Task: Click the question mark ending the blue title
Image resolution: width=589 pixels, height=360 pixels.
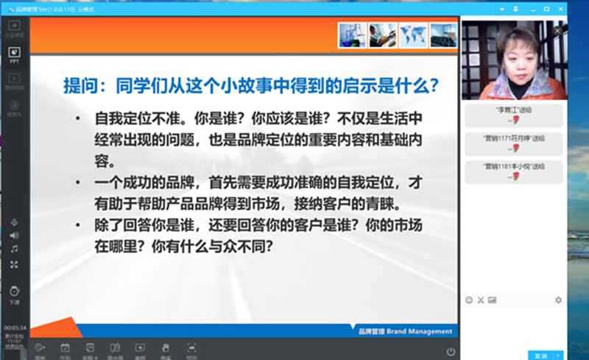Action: coord(434,87)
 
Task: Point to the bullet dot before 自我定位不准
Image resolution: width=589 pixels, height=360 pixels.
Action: coord(78,119)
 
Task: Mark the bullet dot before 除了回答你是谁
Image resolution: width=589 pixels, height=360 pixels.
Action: coord(78,228)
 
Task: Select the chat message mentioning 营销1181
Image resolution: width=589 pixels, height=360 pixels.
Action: coord(513,166)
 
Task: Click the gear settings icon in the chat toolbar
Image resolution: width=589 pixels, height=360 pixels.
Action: coord(558,300)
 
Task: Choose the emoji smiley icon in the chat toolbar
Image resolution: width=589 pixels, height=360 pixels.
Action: coord(469,300)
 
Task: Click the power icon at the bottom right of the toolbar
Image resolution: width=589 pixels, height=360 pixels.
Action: coord(451,351)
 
